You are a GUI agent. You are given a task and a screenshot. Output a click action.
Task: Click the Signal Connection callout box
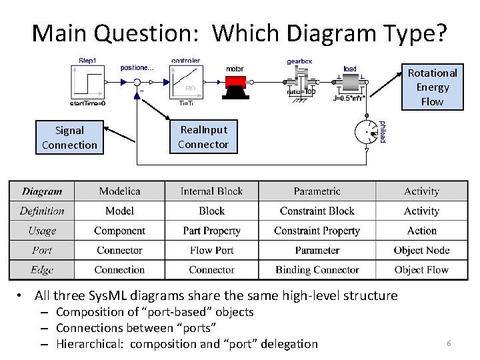click(x=69, y=138)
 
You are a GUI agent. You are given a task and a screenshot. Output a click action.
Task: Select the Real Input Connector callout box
click(x=203, y=137)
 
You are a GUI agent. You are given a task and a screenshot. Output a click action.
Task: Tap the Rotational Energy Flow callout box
click(x=432, y=87)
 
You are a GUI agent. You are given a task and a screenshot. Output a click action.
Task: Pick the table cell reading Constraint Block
click(x=317, y=211)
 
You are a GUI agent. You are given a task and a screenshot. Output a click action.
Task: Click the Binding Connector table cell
click(x=317, y=270)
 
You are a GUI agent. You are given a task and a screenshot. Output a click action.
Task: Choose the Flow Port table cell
click(x=211, y=251)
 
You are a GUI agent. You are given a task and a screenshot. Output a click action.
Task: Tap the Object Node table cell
click(x=421, y=251)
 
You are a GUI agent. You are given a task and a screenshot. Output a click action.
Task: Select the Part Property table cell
click(x=211, y=231)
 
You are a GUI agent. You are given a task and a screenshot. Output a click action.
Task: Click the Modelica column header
click(x=119, y=191)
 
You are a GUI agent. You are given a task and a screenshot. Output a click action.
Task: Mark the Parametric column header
click(x=317, y=191)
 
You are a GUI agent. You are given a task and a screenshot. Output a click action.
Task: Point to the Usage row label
click(x=42, y=231)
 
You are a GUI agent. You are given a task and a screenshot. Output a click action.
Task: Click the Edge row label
click(x=42, y=270)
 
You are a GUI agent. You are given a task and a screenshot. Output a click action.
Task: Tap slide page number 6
click(x=449, y=343)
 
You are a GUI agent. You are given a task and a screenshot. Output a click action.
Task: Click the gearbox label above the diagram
click(x=299, y=61)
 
